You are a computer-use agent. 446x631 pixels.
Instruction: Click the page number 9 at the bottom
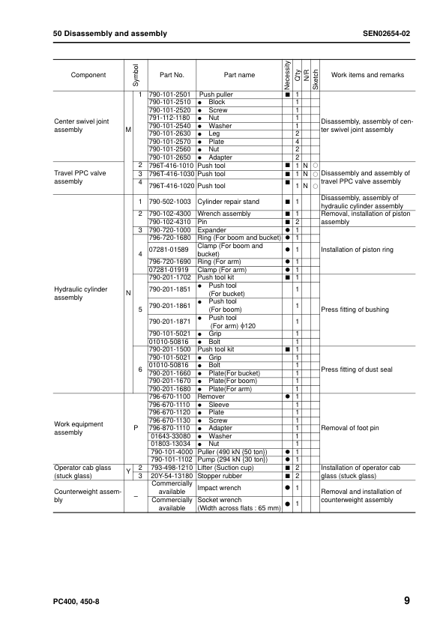click(x=406, y=601)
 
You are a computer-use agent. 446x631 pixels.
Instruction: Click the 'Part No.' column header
click(x=172, y=75)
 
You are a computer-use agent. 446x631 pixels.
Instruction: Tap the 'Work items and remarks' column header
click(x=367, y=75)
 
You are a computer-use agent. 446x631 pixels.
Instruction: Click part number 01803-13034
click(x=171, y=444)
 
